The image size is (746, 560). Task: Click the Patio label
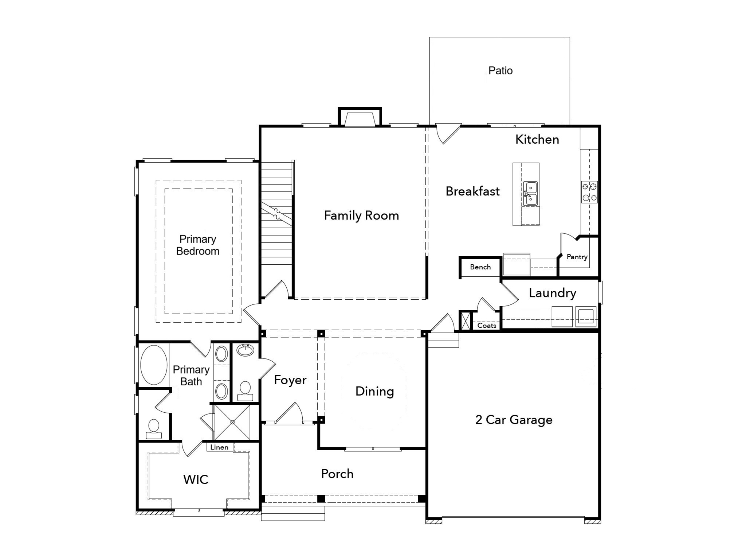(500, 70)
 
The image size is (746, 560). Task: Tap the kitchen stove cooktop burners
(589, 192)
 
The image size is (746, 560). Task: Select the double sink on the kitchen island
(530, 193)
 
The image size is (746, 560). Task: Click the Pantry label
(577, 257)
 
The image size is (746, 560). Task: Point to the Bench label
(480, 267)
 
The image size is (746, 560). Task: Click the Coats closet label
(487, 326)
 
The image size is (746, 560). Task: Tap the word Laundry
(552, 293)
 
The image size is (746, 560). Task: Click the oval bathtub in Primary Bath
(154, 365)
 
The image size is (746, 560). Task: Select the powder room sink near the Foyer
(245, 350)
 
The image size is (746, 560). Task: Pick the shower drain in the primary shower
(232, 422)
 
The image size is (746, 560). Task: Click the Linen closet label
(219, 447)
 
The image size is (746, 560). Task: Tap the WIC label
(196, 479)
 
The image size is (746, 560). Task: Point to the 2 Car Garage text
(514, 420)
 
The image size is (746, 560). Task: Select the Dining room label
(374, 391)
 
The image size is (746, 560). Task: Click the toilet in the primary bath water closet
(154, 429)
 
